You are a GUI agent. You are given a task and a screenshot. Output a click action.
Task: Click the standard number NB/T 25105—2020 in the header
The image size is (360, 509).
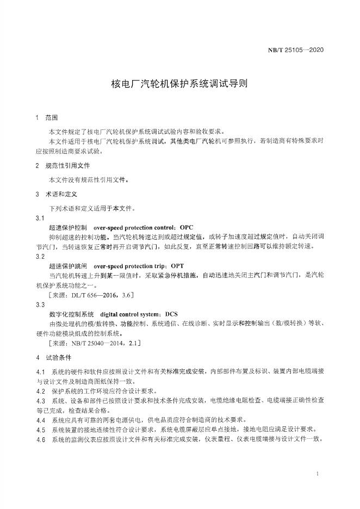point(296,51)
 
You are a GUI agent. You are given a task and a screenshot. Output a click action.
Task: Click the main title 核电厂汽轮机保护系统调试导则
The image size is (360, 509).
point(179,84)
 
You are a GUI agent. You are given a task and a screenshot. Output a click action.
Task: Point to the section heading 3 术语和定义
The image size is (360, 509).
point(57,194)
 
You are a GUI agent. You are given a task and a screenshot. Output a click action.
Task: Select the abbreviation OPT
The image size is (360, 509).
point(177,266)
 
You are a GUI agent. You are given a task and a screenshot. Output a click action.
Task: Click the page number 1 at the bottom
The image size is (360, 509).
point(317,475)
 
